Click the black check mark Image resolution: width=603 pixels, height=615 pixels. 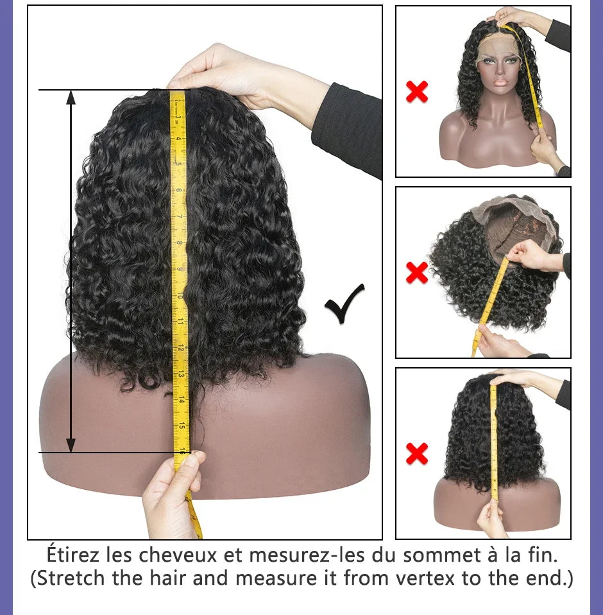coord(344,304)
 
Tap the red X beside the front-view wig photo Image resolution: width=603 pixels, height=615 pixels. coord(417,92)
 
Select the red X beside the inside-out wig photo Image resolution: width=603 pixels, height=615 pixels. coord(417,273)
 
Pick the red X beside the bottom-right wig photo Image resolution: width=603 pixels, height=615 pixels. coord(417,455)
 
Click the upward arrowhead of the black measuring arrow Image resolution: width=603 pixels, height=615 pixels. coord(71,98)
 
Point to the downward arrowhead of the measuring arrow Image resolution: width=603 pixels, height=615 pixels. coord(71,444)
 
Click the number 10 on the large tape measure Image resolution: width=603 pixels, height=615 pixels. coord(182,295)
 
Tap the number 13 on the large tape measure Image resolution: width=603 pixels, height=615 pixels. coord(182,372)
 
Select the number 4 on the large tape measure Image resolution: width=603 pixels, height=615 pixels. coord(180,138)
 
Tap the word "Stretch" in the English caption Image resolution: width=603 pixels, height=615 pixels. coord(75,578)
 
